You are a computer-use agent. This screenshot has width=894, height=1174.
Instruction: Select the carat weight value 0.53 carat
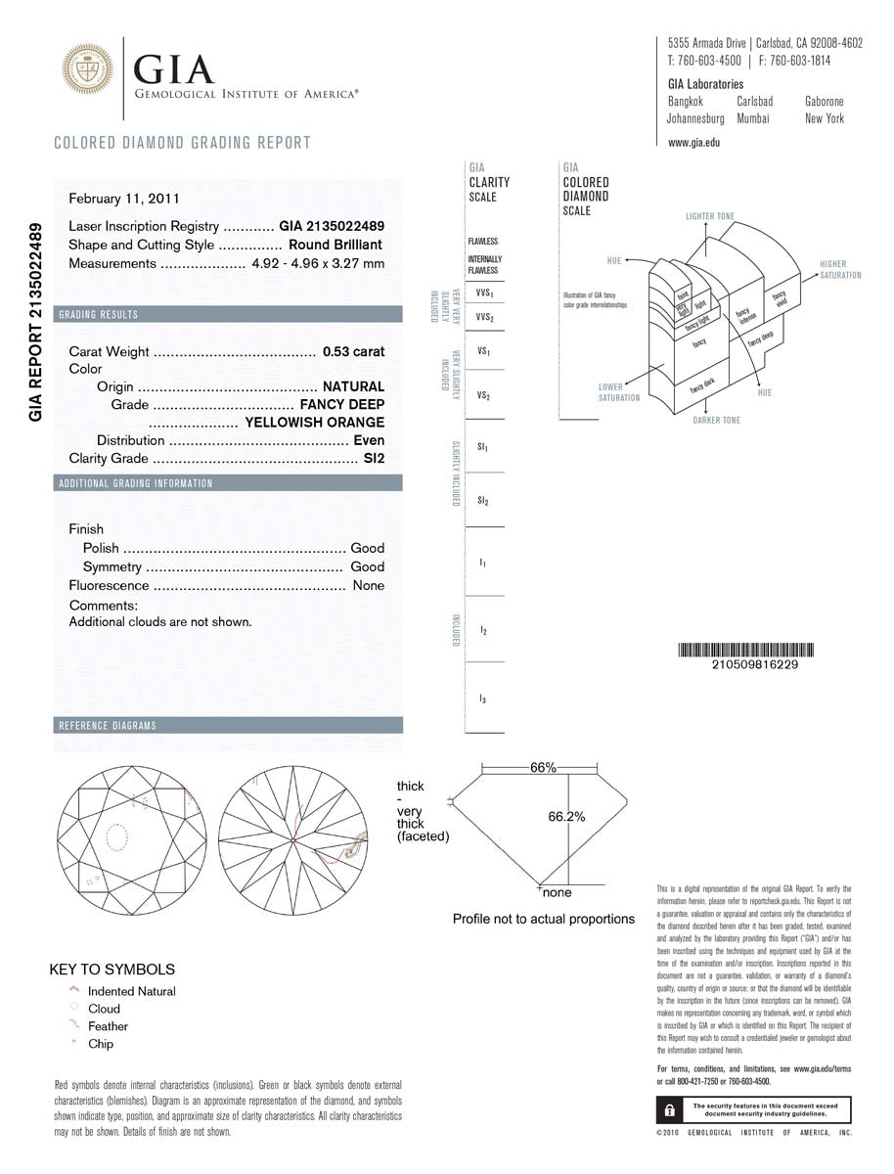click(x=349, y=351)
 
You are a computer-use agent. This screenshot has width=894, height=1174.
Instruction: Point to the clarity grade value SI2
click(x=374, y=458)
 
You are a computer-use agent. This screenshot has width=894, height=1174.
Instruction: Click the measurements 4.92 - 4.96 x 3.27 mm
click(x=318, y=263)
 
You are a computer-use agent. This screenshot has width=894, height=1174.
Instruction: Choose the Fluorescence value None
click(x=369, y=585)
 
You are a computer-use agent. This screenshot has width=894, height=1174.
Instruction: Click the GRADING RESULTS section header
click(x=99, y=315)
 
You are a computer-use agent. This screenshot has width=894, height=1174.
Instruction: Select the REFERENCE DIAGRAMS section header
click(x=108, y=726)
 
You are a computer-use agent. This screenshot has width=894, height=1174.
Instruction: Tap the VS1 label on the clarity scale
click(x=483, y=349)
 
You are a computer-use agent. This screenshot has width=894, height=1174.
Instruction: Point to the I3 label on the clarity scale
click(x=483, y=699)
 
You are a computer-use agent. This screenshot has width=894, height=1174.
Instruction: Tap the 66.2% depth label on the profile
click(x=566, y=817)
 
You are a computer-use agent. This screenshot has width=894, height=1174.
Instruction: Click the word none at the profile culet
click(x=557, y=893)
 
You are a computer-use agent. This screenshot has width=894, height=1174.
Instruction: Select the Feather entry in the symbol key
click(x=108, y=1026)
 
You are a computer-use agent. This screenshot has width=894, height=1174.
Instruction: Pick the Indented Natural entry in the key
click(x=131, y=991)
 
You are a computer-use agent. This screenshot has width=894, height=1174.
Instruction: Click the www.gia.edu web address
click(x=693, y=142)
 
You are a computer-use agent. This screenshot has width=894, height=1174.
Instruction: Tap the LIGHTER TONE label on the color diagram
click(x=709, y=216)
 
